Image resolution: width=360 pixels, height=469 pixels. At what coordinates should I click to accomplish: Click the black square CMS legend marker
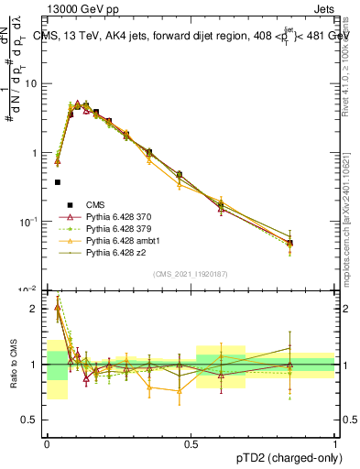click(x=67, y=204)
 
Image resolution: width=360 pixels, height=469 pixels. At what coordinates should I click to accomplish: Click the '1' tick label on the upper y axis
click(x=37, y=153)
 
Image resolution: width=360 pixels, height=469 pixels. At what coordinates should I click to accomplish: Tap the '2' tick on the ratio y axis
click(x=37, y=309)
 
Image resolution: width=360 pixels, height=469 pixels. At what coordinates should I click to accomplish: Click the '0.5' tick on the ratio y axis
click(x=33, y=420)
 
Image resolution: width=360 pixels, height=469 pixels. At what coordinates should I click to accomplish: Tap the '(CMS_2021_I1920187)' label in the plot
click(x=191, y=274)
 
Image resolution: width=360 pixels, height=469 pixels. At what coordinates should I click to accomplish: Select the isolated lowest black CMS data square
click(x=58, y=182)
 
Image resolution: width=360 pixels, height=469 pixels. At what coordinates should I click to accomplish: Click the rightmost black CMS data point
click(x=289, y=243)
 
